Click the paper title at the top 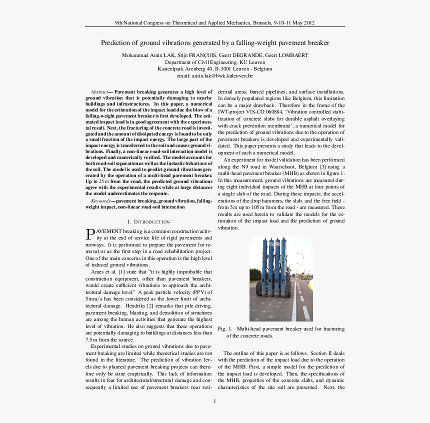215,43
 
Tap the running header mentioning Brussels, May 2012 215,23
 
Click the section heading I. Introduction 149,221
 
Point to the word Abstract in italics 102,92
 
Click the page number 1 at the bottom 215,401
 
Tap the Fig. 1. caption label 225,329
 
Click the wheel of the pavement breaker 259,288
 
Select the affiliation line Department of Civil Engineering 215,62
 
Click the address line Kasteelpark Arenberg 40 215,69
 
